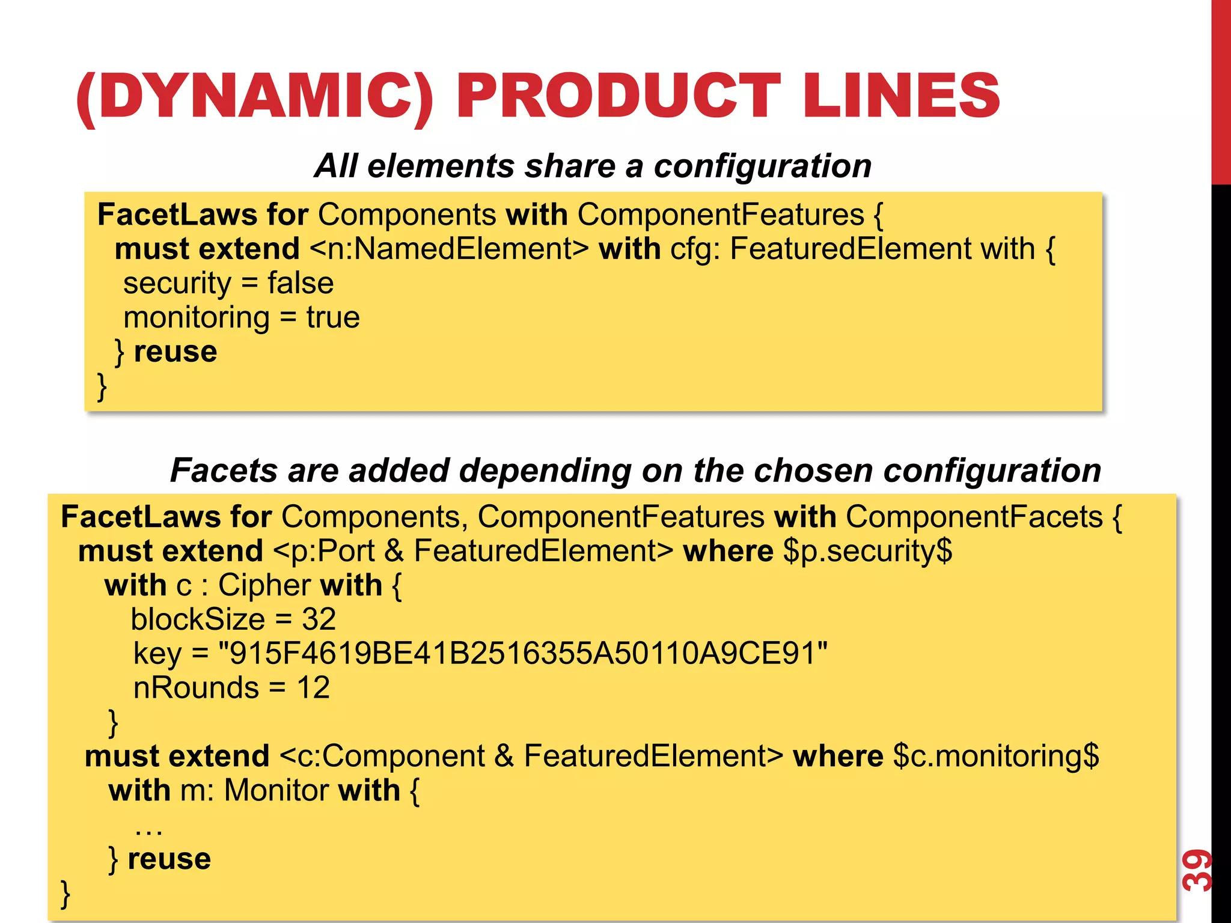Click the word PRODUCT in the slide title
tap(619, 96)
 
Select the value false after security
tap(301, 283)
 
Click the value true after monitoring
tap(333, 317)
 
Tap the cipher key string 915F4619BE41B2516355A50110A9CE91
tap(522, 653)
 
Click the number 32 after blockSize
tap(319, 619)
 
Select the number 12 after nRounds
tap(313, 687)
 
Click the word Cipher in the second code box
tap(264, 585)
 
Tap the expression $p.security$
tap(868, 551)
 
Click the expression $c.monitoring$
tap(996, 756)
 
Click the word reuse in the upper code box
tap(176, 352)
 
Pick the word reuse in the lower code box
tap(170, 859)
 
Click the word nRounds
tap(196, 687)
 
